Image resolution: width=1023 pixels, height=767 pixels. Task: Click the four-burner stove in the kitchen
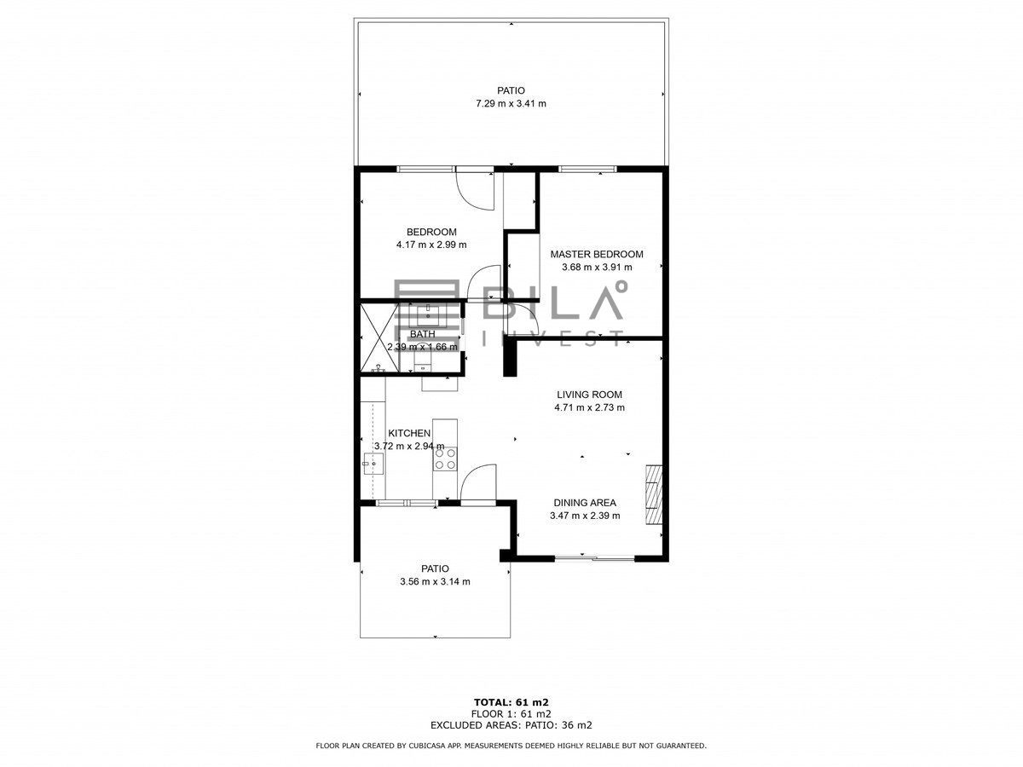tap(445, 458)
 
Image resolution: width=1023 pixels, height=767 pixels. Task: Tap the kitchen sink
tap(373, 464)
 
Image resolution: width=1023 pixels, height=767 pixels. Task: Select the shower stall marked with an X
tap(380, 337)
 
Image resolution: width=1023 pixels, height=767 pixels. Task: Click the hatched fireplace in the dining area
tap(653, 494)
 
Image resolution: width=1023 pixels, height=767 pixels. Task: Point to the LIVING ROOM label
tap(589, 395)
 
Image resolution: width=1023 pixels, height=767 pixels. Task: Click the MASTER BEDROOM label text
tap(597, 254)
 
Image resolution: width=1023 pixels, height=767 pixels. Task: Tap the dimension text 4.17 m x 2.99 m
tap(431, 245)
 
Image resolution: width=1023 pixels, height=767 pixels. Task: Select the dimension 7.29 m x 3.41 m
tap(511, 103)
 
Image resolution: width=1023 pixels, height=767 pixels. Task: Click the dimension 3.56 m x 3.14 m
tap(435, 582)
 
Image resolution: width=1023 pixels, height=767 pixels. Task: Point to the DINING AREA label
tap(585, 503)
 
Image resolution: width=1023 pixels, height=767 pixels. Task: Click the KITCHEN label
tap(409, 433)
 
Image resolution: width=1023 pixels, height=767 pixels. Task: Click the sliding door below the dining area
tap(594, 557)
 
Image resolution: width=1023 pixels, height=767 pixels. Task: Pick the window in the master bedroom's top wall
tap(587, 169)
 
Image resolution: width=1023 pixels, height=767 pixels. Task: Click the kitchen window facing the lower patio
tap(407, 503)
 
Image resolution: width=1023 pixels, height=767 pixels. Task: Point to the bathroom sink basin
tap(428, 314)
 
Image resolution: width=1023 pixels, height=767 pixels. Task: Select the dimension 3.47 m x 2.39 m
tap(585, 516)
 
